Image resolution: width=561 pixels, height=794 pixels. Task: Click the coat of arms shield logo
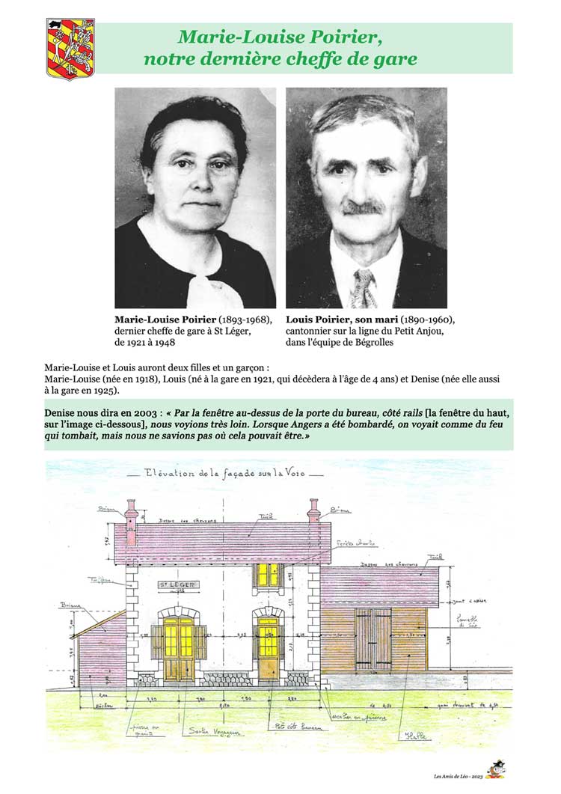(70, 49)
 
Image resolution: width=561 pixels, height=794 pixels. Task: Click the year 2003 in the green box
(137, 413)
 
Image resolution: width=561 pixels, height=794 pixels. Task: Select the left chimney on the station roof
(132, 522)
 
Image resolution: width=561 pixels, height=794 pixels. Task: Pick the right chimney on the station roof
(313, 520)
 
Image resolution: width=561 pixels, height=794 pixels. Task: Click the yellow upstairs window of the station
(267, 575)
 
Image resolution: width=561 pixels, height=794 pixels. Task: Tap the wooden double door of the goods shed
(374, 639)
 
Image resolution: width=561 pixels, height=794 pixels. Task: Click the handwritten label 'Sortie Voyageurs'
(209, 730)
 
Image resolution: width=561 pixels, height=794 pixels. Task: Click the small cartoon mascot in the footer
(494, 770)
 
